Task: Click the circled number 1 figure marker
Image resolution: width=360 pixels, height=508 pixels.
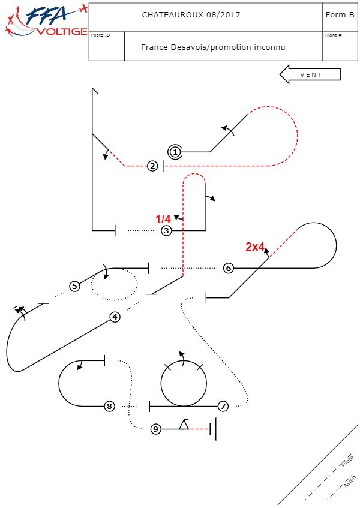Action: tap(175, 152)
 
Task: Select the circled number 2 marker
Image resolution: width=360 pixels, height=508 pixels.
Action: tap(153, 166)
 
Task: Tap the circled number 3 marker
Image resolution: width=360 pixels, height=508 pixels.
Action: tap(166, 230)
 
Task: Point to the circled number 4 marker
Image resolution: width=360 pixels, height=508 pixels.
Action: tap(115, 317)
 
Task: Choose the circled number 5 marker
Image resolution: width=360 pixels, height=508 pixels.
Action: tap(74, 286)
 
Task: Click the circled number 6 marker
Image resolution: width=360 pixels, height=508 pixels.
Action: tap(228, 268)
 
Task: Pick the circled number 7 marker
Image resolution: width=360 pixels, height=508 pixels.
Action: tap(223, 406)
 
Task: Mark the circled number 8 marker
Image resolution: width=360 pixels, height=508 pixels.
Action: tap(109, 406)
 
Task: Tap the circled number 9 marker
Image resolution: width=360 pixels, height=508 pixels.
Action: tap(156, 429)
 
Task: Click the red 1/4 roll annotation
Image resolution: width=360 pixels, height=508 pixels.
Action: tap(163, 220)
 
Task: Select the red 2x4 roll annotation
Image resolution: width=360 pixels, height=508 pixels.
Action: tap(255, 246)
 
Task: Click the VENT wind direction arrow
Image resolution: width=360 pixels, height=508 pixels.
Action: tap(310, 74)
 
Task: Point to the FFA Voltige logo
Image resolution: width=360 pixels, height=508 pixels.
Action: tap(45, 21)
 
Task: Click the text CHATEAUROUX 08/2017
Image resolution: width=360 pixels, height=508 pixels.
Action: tap(191, 15)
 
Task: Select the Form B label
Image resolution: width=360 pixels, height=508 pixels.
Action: tap(339, 15)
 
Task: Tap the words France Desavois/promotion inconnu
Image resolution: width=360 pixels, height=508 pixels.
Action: tap(213, 47)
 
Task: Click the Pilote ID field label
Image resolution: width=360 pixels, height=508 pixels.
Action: tap(101, 35)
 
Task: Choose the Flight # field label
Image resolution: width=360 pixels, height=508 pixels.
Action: tap(333, 35)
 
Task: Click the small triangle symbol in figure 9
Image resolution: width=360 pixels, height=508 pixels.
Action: tap(184, 425)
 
